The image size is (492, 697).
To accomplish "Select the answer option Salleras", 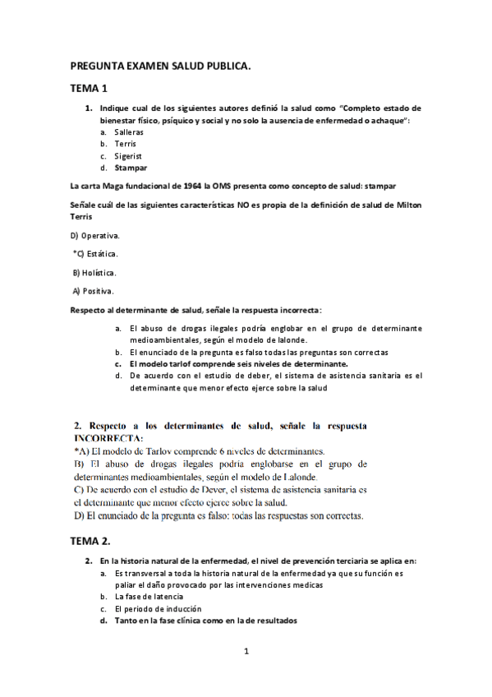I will (130, 132).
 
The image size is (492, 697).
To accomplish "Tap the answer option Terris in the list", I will (126, 144).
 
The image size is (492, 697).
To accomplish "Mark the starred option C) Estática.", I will (95, 254).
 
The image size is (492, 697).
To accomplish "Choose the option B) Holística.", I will (94, 272).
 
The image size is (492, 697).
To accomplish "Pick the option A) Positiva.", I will (93, 290).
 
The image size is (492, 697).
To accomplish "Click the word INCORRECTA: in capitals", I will (108, 438).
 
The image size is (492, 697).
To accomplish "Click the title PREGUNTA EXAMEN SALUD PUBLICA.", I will (160, 64).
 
